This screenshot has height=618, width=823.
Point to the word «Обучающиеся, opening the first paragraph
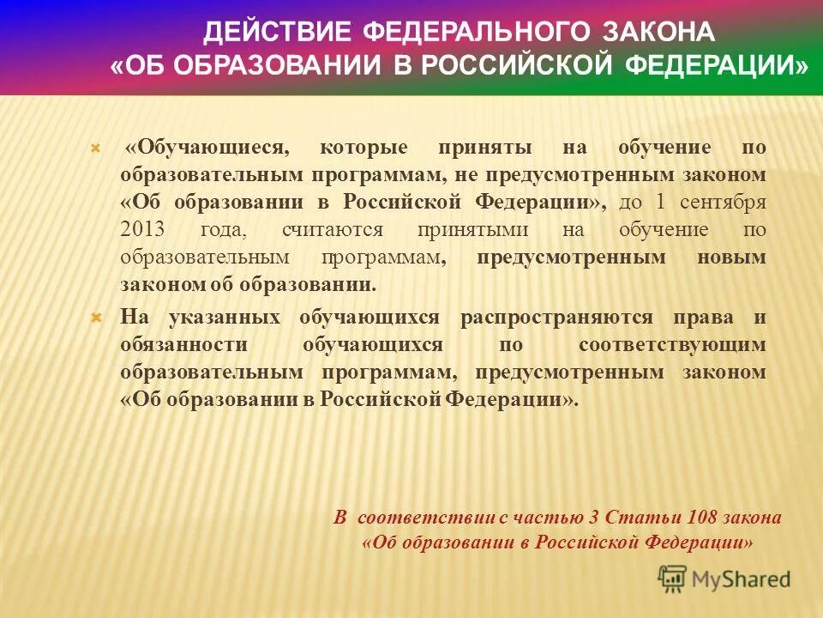pyautogui.click(x=206, y=147)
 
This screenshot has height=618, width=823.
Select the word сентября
pyautogui.click(x=723, y=203)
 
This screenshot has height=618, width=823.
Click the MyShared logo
pyautogui.click(x=724, y=579)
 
